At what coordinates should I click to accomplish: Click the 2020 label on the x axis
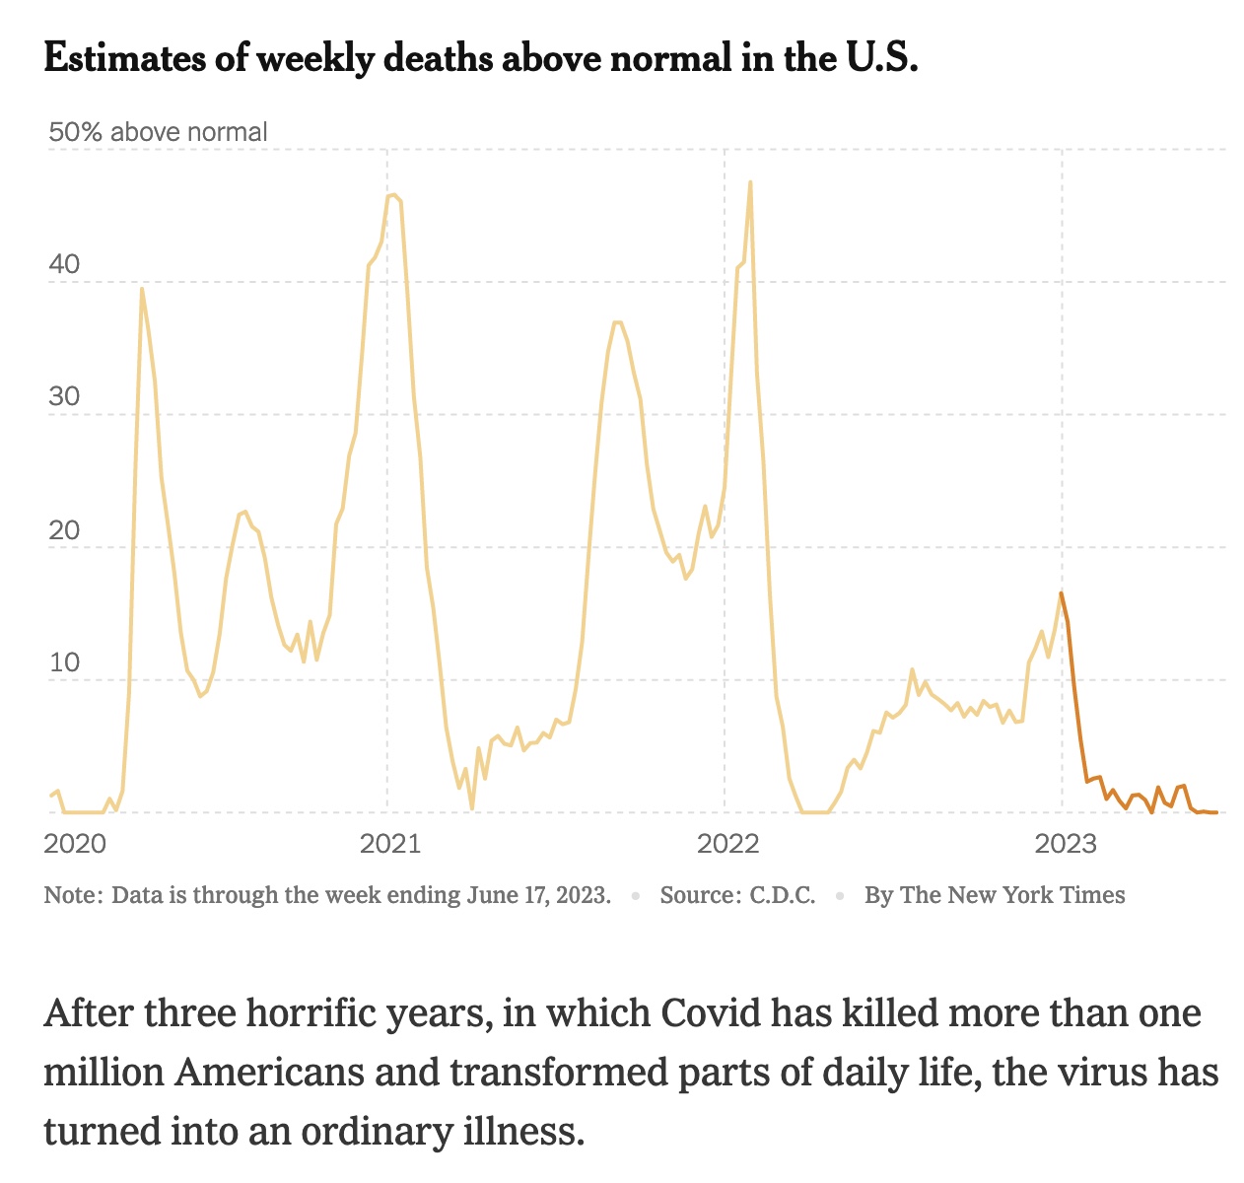pos(75,843)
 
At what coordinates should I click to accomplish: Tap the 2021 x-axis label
pos(390,843)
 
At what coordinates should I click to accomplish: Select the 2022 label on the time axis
pos(727,843)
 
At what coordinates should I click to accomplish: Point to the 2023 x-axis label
pos(1065,843)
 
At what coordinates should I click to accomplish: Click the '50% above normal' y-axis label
pos(158,132)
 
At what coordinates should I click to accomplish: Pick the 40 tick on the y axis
pos(63,265)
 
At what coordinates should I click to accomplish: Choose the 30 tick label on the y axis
pos(63,397)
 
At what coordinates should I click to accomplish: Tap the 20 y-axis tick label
pos(63,530)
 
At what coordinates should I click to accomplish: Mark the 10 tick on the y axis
pos(63,662)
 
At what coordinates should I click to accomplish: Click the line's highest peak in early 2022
pos(750,182)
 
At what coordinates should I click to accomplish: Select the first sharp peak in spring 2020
pos(142,289)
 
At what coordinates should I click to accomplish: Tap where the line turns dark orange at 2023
pos(1061,592)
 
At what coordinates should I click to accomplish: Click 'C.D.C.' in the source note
pos(782,895)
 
